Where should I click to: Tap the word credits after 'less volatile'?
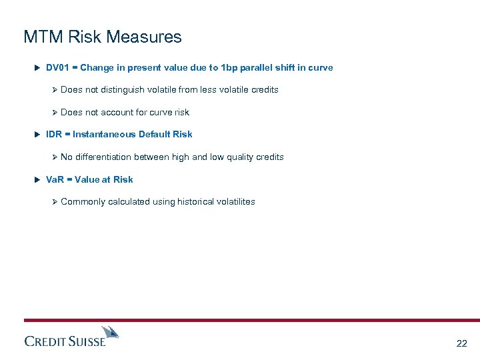pyautogui.click(x=265, y=90)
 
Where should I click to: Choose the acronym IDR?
pyautogui.click(x=54, y=135)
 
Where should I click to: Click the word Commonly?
pyautogui.click(x=83, y=202)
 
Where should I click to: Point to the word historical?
pyautogui.click(x=199, y=202)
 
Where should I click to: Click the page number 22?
pyautogui.click(x=461, y=344)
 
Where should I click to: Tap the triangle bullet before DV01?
pyautogui.click(x=37, y=68)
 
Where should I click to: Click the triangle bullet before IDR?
pyautogui.click(x=37, y=135)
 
